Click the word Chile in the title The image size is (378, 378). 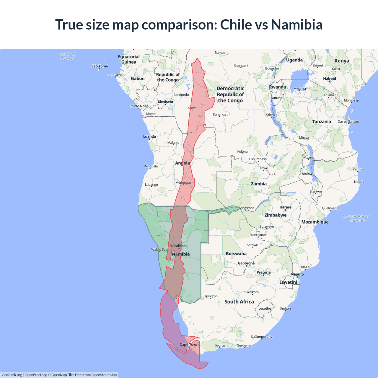235,25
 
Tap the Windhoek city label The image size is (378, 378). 179,246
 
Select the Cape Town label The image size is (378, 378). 189,344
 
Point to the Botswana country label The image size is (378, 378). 236,254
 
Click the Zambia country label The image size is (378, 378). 259,184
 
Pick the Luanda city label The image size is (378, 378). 149,136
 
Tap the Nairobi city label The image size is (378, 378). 329,79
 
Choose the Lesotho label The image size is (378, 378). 265,308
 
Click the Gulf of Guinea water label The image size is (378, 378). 68,56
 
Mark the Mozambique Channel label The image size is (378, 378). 356,218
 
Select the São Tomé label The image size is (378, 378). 100,66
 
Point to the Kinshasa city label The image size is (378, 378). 165,102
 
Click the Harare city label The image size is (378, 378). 285,207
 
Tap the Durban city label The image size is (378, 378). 285,308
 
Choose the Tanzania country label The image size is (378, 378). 322,122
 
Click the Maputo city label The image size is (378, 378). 297,274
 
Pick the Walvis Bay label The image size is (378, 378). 159,250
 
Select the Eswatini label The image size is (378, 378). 288,282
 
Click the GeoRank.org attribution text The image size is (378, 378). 12,375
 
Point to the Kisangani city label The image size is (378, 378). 241,66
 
